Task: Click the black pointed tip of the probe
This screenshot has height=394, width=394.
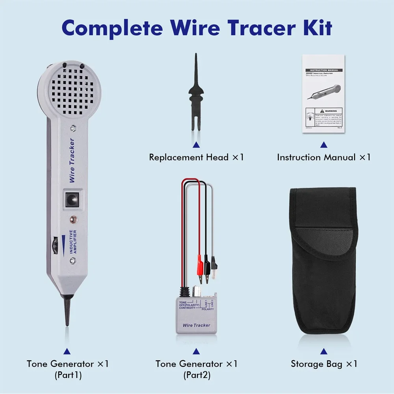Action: (x=67, y=311)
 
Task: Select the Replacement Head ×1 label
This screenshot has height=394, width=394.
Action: (x=196, y=157)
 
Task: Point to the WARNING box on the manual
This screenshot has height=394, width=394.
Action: (x=324, y=118)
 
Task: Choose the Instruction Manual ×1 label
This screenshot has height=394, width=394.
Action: (x=323, y=157)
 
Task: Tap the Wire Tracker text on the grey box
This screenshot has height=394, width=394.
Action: (x=196, y=325)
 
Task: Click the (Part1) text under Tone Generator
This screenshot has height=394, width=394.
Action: (x=68, y=375)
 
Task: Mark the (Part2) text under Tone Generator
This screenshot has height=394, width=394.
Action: (x=197, y=375)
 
